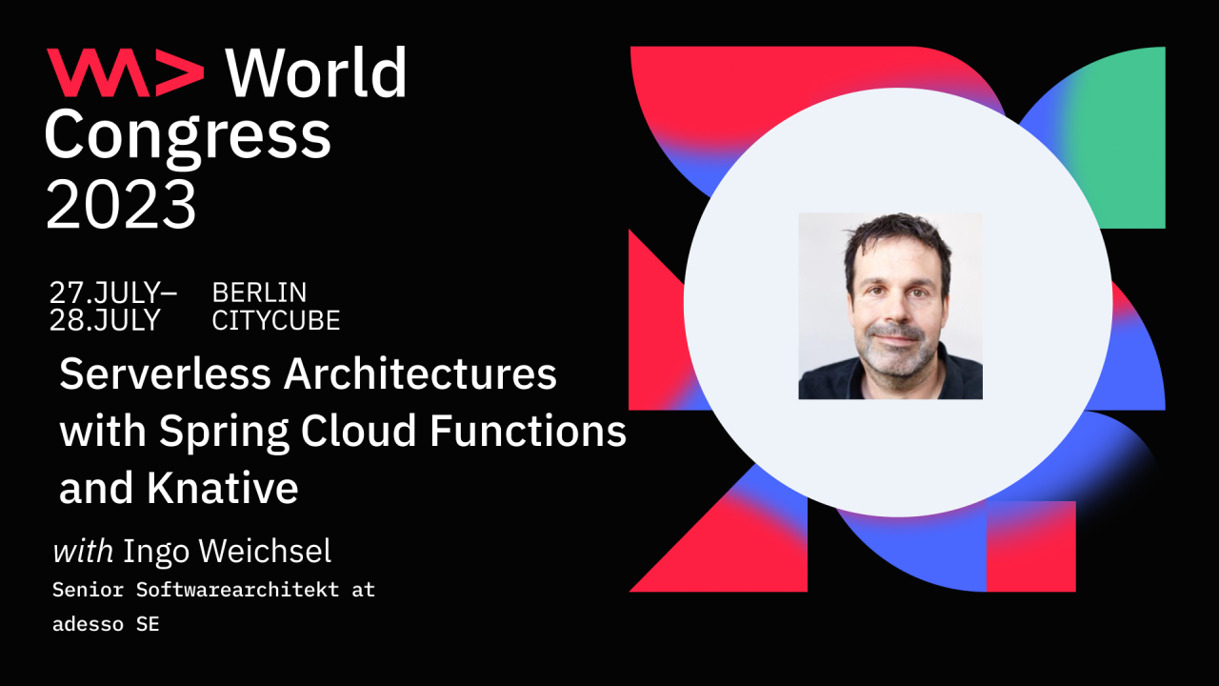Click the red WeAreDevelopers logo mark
[x=125, y=73]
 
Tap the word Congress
[x=188, y=135]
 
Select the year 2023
[x=121, y=204]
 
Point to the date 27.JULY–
[x=112, y=293]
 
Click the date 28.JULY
[x=105, y=321]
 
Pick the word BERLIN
[x=259, y=293]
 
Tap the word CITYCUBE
[x=276, y=321]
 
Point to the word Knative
[x=223, y=489]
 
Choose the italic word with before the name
[x=83, y=551]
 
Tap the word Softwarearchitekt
[x=237, y=590]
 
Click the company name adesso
[x=82, y=626]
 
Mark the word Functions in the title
[x=529, y=432]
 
